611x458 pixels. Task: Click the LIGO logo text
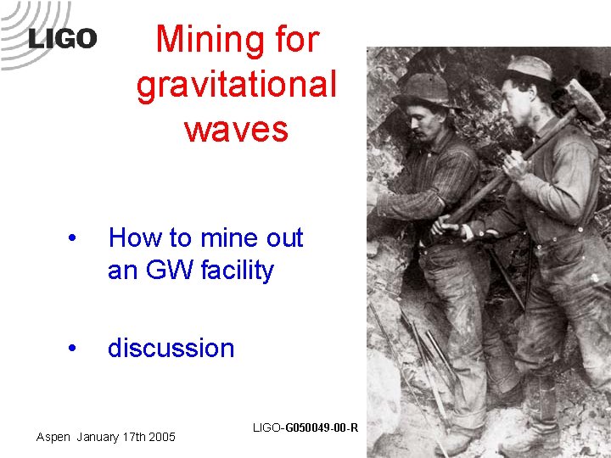[62, 38]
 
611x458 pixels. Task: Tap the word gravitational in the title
[236, 84]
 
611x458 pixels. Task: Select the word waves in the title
[236, 129]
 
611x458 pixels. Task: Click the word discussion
[171, 348]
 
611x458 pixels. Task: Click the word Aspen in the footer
[53, 437]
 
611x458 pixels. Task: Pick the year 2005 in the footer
[161, 437]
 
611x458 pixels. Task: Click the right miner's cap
[529, 67]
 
